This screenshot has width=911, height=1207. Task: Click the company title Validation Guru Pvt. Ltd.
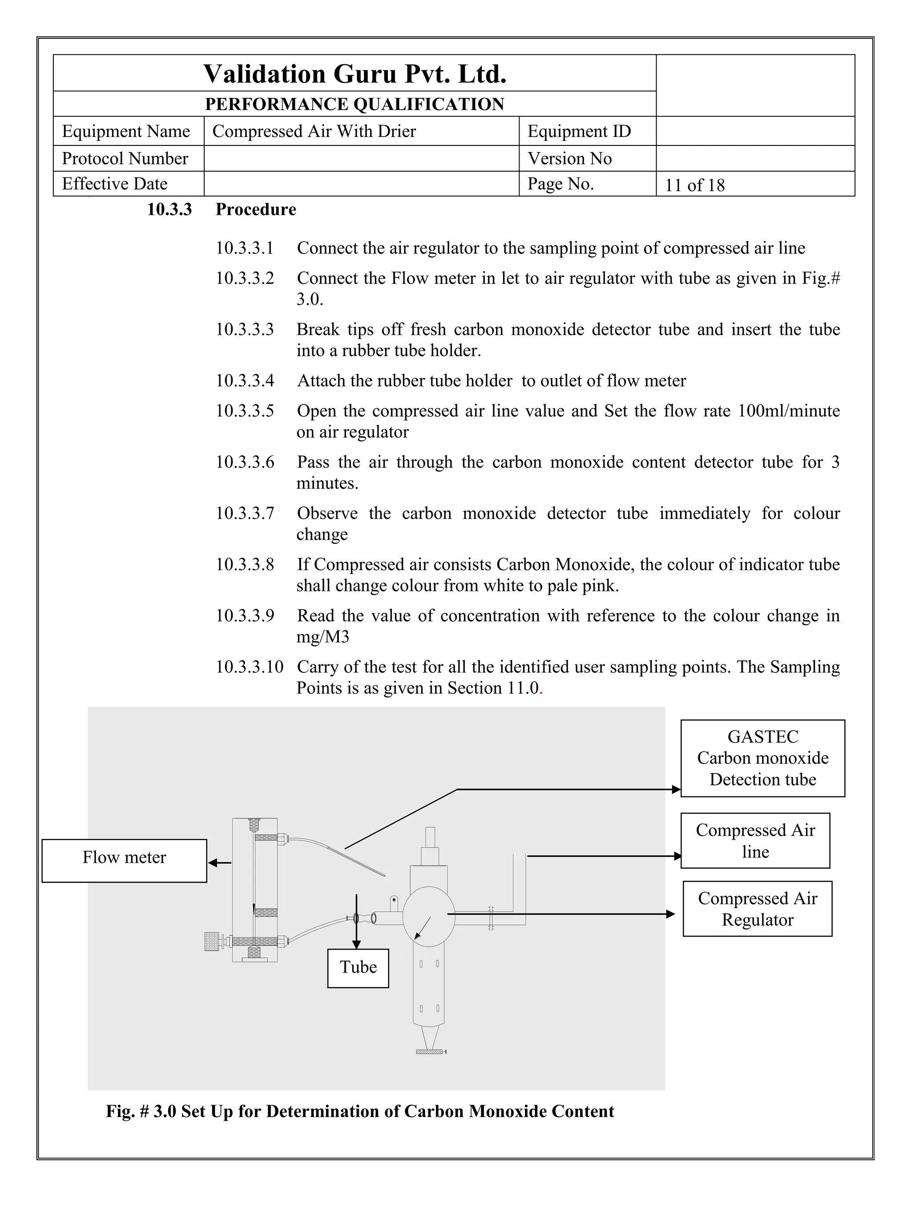pyautogui.click(x=355, y=74)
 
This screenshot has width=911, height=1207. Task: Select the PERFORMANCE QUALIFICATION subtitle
pyautogui.click(x=355, y=104)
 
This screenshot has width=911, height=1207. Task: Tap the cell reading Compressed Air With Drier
pyautogui.click(x=314, y=132)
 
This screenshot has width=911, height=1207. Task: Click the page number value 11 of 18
pyautogui.click(x=694, y=185)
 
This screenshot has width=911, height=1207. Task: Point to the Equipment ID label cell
pyautogui.click(x=579, y=132)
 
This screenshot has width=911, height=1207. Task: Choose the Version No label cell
pyautogui.click(x=569, y=159)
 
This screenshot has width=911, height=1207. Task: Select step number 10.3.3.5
pyautogui.click(x=245, y=411)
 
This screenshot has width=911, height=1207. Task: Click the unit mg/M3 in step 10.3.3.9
pyautogui.click(x=322, y=637)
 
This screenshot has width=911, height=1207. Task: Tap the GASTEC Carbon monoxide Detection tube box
pyautogui.click(x=762, y=758)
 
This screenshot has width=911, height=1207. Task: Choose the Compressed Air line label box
pyautogui.click(x=755, y=841)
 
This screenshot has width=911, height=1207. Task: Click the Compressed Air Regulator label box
pyautogui.click(x=757, y=909)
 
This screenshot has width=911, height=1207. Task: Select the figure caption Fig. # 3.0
pyautogui.click(x=360, y=1111)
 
